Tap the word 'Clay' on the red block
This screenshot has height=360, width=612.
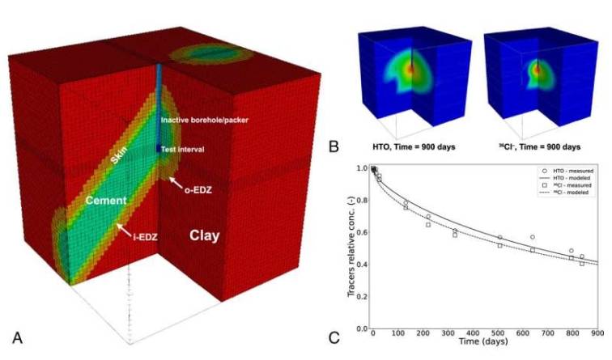pyautogui.click(x=206, y=235)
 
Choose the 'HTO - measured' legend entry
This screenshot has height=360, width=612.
pyautogui.click(x=570, y=172)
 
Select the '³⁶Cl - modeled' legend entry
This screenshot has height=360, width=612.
pyautogui.click(x=570, y=194)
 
